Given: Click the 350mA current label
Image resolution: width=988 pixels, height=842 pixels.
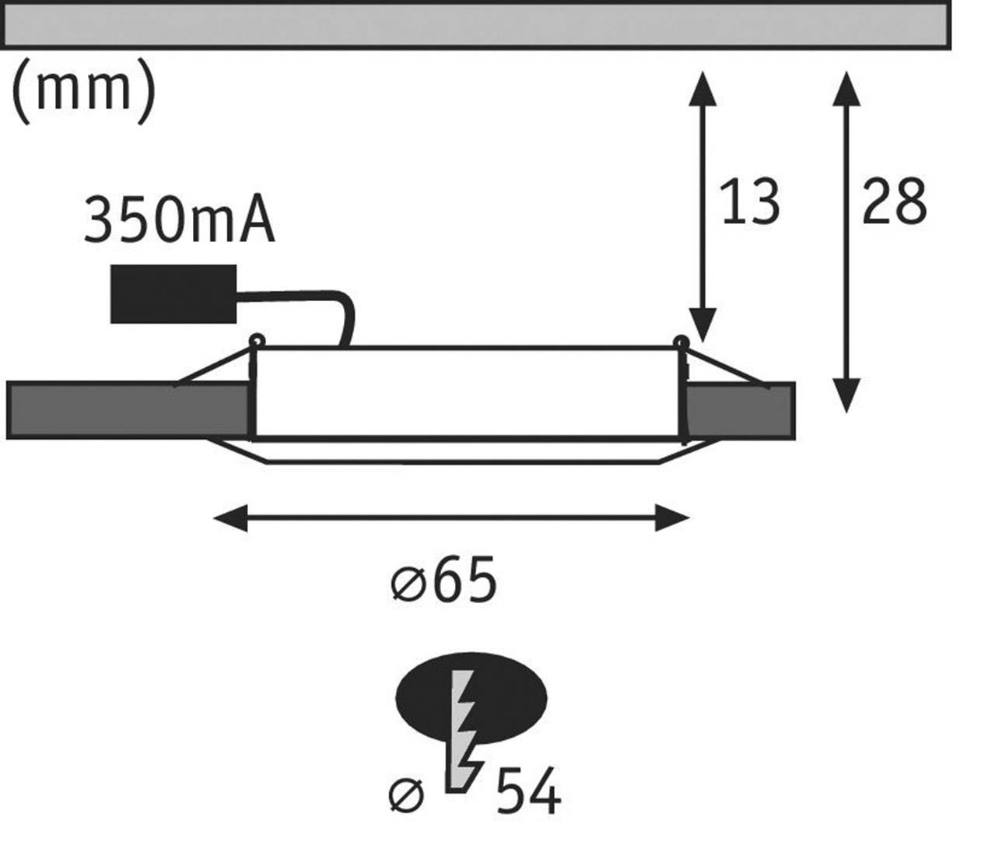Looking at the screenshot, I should pyautogui.click(x=178, y=222).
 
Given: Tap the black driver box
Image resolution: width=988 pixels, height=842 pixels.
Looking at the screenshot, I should pyautogui.click(x=173, y=294).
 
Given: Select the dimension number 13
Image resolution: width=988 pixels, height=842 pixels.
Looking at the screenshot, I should pyautogui.click(x=749, y=202).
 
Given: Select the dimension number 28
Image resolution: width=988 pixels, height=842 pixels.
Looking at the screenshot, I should pyautogui.click(x=894, y=202).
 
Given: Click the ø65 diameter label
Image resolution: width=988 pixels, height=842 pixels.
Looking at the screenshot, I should pyautogui.click(x=443, y=581).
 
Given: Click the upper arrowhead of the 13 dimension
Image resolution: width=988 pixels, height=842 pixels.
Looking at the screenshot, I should pyautogui.click(x=702, y=87).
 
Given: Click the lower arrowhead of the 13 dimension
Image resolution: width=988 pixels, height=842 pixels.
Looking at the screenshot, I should pyautogui.click(x=702, y=325).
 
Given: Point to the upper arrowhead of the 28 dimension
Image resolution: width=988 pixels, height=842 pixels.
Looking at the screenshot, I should pyautogui.click(x=846, y=87).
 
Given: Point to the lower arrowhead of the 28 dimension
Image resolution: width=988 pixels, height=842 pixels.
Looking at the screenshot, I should pyautogui.click(x=846, y=395).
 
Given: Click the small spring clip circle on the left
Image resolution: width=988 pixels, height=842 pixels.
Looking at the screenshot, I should pyautogui.click(x=256, y=340).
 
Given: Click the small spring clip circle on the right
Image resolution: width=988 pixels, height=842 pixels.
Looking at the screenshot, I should pyautogui.click(x=681, y=342).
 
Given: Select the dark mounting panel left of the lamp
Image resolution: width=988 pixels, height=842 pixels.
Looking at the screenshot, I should pyautogui.click(x=128, y=410).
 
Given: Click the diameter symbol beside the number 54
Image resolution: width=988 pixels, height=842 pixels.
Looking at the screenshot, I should pyautogui.click(x=407, y=795).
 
